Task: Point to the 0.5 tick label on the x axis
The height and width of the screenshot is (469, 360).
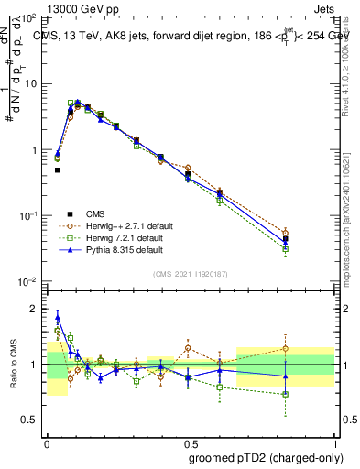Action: coord(191,441)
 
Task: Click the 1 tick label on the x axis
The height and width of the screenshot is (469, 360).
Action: coord(334,441)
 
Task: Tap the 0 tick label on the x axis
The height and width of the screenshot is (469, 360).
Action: coord(47,441)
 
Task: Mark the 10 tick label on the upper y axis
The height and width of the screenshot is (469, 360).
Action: coord(30,83)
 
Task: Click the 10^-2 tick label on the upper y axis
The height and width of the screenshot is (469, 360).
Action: coord(28,281)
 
